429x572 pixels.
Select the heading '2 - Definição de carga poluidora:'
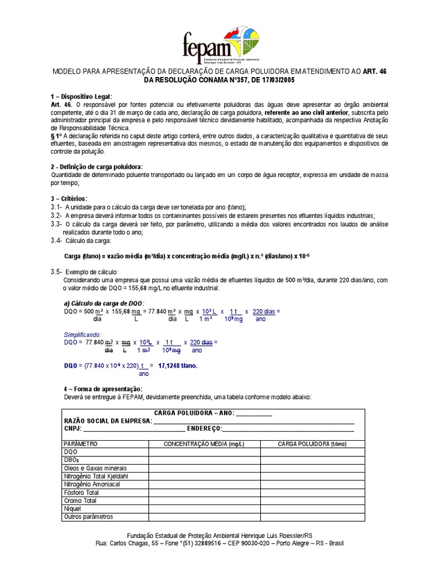pos(97,167)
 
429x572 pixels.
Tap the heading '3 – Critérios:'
pos(69,198)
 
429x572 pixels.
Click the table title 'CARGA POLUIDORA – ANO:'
pos(190,413)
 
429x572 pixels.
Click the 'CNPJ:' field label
pos(73,428)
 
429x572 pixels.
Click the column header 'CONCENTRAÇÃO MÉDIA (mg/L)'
pos(204,444)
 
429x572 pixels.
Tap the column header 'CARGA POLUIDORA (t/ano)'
pos(312,444)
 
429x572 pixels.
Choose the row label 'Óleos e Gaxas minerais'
pos(96,468)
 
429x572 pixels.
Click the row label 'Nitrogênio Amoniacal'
pos(92,484)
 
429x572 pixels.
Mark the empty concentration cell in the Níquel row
pos(204,509)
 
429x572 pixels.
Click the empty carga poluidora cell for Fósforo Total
pos(312,493)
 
